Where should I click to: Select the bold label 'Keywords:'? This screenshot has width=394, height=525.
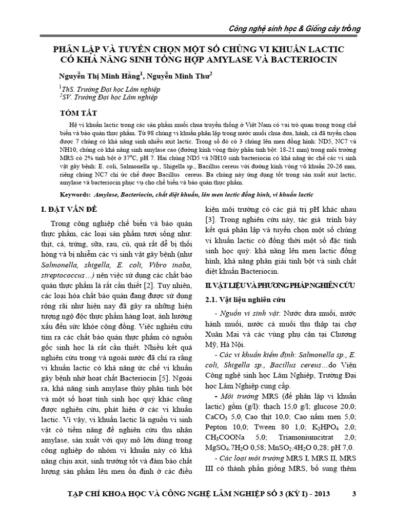tap(76, 195)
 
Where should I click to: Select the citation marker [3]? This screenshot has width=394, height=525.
tap(210, 220)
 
